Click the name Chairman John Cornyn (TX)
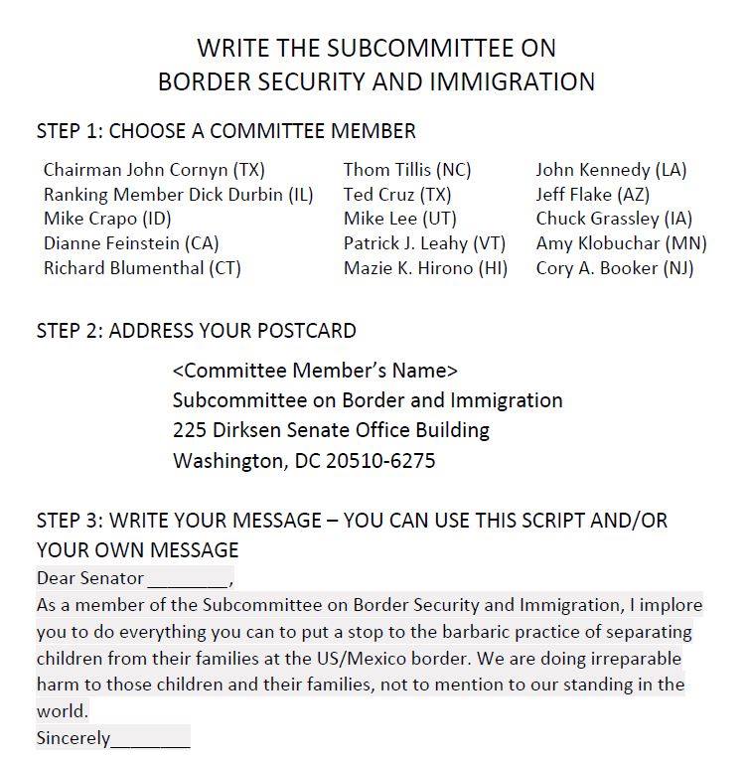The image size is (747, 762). [154, 170]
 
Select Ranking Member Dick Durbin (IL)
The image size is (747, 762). [178, 195]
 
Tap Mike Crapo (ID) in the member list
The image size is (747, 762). [107, 219]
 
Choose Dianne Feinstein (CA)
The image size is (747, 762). [131, 243]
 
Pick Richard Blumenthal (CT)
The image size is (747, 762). [142, 268]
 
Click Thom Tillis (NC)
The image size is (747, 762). [407, 170]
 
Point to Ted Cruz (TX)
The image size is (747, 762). [397, 195]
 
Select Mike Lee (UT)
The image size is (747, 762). [399, 219]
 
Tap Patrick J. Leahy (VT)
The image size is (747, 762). [425, 243]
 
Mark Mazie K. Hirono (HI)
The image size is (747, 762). [425, 268]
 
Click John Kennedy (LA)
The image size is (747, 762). [611, 170]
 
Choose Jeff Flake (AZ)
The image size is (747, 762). [594, 195]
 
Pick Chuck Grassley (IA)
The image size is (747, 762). [614, 219]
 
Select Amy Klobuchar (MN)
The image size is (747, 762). [621, 243]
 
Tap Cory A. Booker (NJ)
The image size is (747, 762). [615, 268]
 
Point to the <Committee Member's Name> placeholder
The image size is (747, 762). [315, 371]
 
